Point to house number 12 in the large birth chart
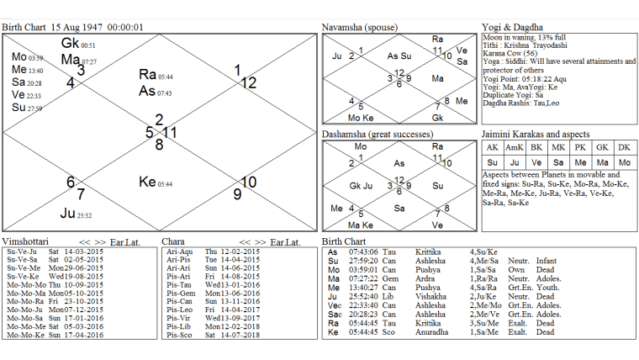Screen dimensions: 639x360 [x=248, y=82]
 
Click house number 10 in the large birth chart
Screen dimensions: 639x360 [x=248, y=182]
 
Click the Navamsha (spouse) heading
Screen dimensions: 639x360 [x=358, y=28]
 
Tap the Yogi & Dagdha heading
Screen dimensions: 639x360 [x=514, y=28]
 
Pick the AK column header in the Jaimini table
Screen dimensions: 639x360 [x=493, y=147]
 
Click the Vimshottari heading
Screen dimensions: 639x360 [x=26, y=241]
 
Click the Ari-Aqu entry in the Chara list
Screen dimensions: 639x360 [x=181, y=251]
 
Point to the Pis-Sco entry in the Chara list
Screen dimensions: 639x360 [x=180, y=335]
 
